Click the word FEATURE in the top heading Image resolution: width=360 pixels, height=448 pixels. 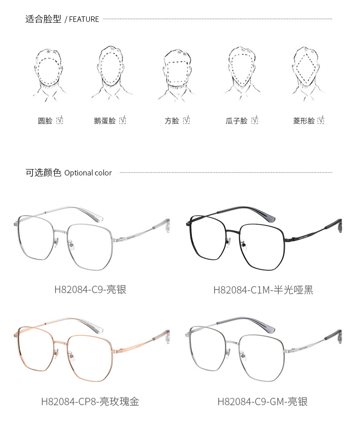(x=84, y=19)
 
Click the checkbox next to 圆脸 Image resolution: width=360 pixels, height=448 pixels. (x=60, y=120)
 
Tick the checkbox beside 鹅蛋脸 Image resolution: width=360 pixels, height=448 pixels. (x=123, y=120)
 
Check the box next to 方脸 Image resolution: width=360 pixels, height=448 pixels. (x=186, y=120)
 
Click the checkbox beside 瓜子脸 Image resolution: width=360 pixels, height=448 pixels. (x=255, y=120)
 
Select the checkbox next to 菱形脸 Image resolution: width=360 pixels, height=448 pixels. (x=321, y=120)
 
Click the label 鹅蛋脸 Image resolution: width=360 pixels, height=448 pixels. (x=104, y=121)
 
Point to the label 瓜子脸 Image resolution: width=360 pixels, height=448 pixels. (x=237, y=121)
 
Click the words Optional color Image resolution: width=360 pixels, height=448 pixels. (x=88, y=173)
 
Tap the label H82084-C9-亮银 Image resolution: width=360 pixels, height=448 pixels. (x=90, y=289)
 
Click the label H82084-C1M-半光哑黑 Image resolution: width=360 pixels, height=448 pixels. (x=263, y=290)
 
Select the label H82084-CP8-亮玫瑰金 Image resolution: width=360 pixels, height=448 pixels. (x=90, y=402)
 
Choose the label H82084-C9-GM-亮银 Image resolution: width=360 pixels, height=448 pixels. (x=262, y=402)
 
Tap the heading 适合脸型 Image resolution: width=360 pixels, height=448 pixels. (x=43, y=19)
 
